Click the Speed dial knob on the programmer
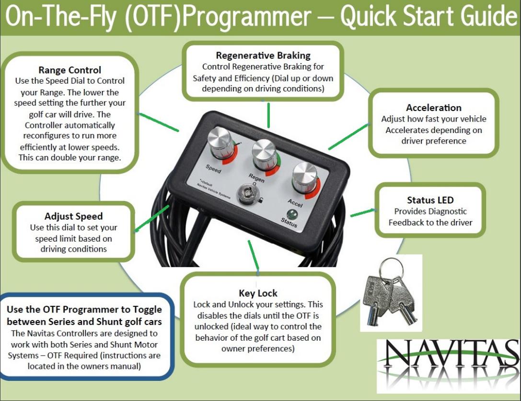pyautogui.click(x=220, y=142)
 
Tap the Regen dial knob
pyautogui.click(x=264, y=155)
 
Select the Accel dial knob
pyautogui.click(x=305, y=178)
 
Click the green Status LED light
pyautogui.click(x=292, y=214)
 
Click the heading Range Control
pyautogui.click(x=70, y=70)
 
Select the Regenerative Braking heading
pyautogui.click(x=263, y=56)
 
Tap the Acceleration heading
pyautogui.click(x=434, y=108)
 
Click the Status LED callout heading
pyautogui.click(x=430, y=200)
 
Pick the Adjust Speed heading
pyautogui.click(x=73, y=216)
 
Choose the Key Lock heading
pyautogui.click(x=258, y=293)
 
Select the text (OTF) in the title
pyautogui.click(x=153, y=17)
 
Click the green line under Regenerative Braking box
pyautogui.click(x=268, y=115)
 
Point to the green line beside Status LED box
pyautogui.click(x=362, y=212)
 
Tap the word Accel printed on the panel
pyautogui.click(x=295, y=203)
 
